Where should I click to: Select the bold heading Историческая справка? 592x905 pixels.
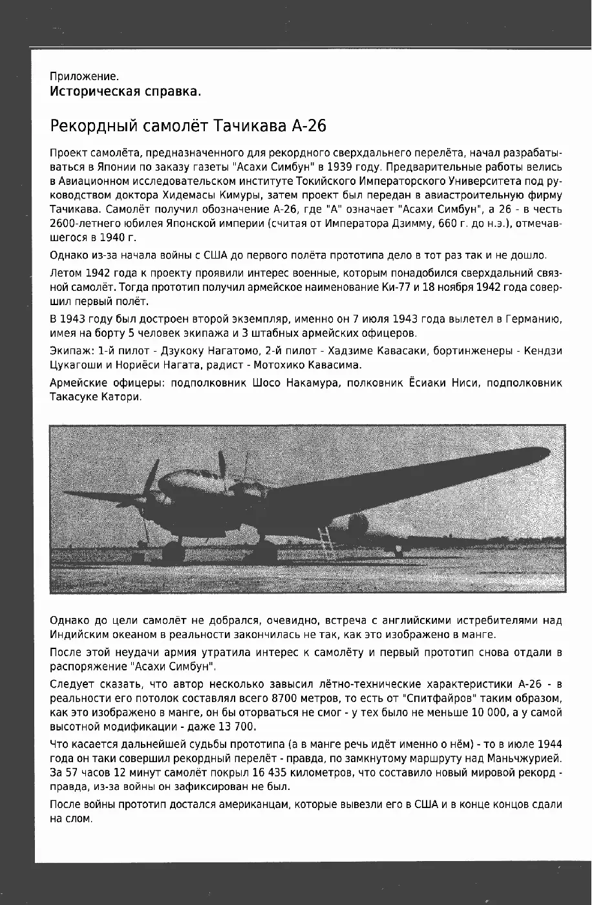[x=125, y=91]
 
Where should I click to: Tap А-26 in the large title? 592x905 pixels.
[x=305, y=126]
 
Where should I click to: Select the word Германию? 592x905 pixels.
[x=535, y=319]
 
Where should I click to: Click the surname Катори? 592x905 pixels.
[x=120, y=397]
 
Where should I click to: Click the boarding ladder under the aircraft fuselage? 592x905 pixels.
[x=326, y=542]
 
